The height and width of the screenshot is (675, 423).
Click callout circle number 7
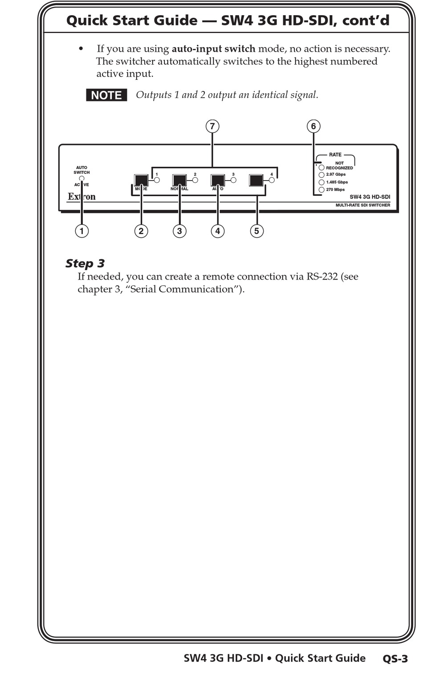[x=212, y=126]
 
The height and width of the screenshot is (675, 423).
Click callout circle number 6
[x=313, y=126]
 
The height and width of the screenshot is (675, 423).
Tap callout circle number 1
[x=81, y=231]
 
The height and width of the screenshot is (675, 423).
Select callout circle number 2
[x=141, y=231]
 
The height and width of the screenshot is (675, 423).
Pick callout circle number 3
[x=179, y=231]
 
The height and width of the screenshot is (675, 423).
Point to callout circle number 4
[x=218, y=231]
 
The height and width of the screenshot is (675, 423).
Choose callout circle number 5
[x=256, y=231]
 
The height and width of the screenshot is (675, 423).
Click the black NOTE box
[x=106, y=95]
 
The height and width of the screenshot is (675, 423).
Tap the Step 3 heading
[x=85, y=263]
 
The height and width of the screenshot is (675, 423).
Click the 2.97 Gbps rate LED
[x=321, y=175]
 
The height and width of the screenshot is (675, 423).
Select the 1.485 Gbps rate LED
[x=321, y=182]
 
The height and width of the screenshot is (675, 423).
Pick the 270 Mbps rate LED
[x=321, y=190]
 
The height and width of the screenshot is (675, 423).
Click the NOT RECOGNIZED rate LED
[x=321, y=168]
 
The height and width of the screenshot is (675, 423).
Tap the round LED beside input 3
[x=233, y=180]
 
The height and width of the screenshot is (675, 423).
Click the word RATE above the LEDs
[x=335, y=155]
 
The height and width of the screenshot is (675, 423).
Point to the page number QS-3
[x=395, y=659]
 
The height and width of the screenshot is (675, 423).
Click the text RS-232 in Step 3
[x=322, y=276]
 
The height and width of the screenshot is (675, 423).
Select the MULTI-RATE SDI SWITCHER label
[x=362, y=205]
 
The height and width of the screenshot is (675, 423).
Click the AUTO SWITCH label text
[x=81, y=170]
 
